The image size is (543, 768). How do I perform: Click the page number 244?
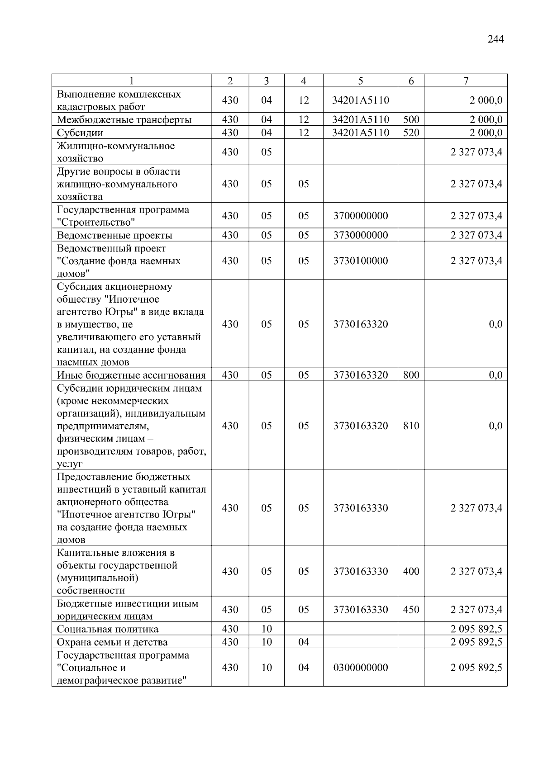tap(495, 39)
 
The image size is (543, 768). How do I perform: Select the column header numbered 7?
tap(466, 81)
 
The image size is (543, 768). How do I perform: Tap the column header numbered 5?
tap(360, 81)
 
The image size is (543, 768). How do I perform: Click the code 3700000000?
tap(361, 216)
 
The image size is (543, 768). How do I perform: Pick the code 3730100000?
tap(361, 261)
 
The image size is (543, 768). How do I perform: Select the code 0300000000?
tap(361, 668)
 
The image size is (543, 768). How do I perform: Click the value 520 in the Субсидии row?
tap(411, 133)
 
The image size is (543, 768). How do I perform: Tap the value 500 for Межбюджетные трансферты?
tap(411, 120)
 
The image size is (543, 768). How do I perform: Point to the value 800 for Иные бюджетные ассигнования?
tap(411, 375)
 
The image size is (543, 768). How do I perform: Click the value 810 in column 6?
tap(411, 426)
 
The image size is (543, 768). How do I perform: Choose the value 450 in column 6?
tap(411, 610)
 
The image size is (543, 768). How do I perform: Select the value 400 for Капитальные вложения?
tap(411, 571)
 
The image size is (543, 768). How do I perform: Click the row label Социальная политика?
tap(108, 629)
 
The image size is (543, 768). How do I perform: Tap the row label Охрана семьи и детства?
tap(112, 642)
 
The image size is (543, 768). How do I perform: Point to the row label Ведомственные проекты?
tap(114, 235)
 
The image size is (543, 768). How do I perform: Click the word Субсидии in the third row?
tap(80, 133)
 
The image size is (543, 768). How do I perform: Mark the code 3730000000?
tap(361, 235)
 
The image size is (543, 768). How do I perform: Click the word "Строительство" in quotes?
tap(96, 223)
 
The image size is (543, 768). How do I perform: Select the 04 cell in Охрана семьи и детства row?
tap(303, 642)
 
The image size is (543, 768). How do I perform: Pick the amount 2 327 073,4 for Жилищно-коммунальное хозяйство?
tap(476, 152)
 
